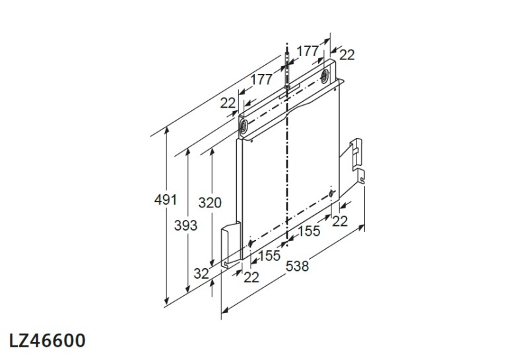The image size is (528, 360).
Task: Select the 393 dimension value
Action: tap(185, 226)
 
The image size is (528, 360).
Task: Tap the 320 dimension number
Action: tap(210, 202)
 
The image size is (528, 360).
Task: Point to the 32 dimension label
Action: tap(201, 272)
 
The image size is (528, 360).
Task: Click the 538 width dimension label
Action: tap(297, 266)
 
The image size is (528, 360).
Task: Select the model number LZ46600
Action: tap(47, 341)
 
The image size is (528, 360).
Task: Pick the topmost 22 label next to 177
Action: tap(347, 55)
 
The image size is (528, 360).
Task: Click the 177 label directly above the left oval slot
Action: tap(261, 79)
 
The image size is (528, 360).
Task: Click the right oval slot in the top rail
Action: tap(326, 77)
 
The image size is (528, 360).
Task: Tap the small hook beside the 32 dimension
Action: tap(227, 265)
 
